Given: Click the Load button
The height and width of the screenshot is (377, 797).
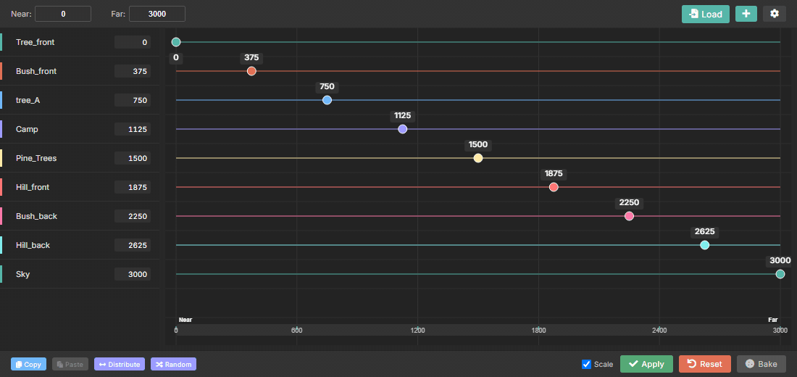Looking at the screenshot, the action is (x=706, y=14).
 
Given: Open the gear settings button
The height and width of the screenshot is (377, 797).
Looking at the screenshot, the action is (x=774, y=14).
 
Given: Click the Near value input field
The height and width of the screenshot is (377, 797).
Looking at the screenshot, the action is (x=63, y=14).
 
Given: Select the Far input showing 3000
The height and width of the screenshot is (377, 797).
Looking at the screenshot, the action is (x=157, y=14).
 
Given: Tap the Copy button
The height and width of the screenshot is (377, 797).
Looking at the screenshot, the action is (x=28, y=364).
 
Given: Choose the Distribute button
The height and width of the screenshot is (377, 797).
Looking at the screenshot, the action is (x=120, y=364).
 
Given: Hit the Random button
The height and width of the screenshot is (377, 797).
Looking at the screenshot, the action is (x=173, y=364).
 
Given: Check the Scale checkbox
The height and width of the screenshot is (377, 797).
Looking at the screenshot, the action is (x=587, y=364).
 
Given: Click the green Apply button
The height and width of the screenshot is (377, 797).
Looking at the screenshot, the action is (x=646, y=364).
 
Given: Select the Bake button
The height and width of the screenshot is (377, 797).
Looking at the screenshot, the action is (x=761, y=364).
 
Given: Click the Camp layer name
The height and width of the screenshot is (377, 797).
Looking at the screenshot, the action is (x=27, y=129).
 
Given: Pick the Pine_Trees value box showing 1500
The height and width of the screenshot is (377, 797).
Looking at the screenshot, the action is (x=132, y=158).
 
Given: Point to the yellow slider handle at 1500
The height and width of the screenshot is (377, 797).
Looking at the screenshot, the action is (x=477, y=158).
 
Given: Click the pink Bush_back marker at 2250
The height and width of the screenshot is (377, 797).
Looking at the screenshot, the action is (x=629, y=216).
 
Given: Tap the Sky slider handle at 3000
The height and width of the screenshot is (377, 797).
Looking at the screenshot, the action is (x=780, y=274).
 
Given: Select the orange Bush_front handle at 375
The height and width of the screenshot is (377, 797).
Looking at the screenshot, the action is (x=251, y=71).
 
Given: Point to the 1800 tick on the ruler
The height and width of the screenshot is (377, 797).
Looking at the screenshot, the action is (x=538, y=331).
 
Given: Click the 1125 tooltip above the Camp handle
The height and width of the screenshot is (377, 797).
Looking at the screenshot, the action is (x=403, y=115).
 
